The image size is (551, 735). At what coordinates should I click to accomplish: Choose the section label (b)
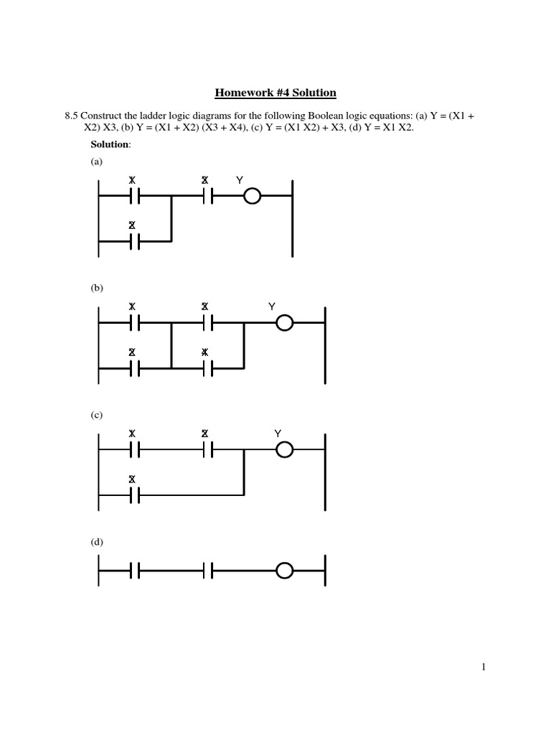coord(97,288)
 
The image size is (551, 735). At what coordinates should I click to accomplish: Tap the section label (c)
coord(97,415)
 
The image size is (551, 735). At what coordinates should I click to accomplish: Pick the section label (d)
coord(97,542)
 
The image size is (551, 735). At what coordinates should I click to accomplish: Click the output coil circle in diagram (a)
coord(252,195)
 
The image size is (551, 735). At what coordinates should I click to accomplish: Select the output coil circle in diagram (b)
coord(285,323)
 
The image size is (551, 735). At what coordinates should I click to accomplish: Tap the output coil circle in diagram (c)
coord(285,450)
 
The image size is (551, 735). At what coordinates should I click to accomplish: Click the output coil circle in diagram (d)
coord(285,571)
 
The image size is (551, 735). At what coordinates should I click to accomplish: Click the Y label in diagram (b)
coord(272,307)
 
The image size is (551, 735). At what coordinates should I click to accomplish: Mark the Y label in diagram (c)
coord(278,434)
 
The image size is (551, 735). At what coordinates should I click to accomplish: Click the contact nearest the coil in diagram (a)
coord(206,195)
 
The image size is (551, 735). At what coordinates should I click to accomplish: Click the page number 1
coord(484,667)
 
